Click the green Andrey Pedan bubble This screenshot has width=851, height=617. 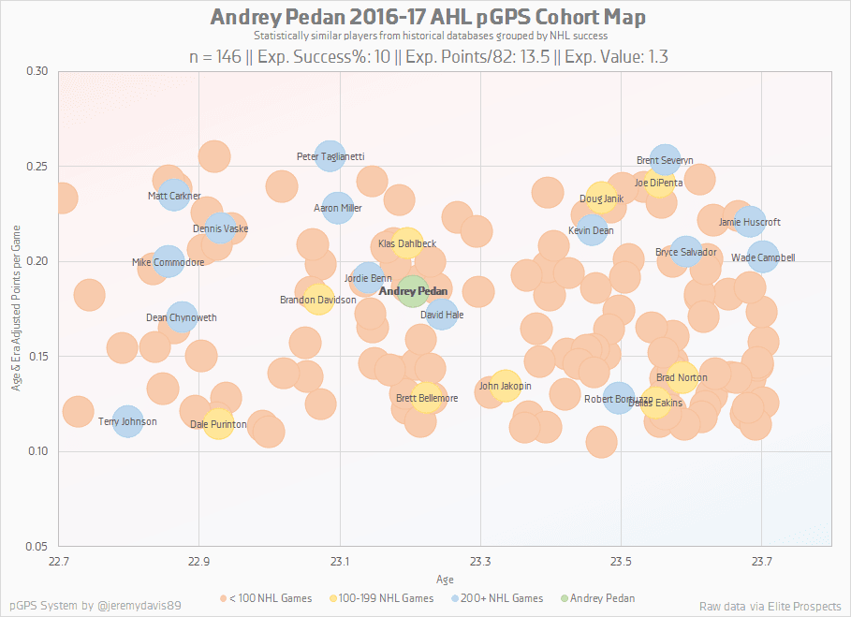tap(414, 292)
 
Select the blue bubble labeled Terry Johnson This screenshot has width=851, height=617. tap(127, 422)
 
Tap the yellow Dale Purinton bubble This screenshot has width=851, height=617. tap(218, 424)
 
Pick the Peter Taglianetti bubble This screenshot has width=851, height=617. tap(330, 157)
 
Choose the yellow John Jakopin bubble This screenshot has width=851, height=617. tap(505, 385)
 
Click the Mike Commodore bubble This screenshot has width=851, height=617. tap(168, 262)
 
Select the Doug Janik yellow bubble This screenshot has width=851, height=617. tap(601, 198)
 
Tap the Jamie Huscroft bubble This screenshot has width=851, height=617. tap(750, 222)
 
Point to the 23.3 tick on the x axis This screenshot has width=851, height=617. tap(479, 562)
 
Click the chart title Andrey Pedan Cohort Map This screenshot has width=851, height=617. tap(428, 18)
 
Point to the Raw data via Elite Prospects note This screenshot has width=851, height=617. tap(770, 606)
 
